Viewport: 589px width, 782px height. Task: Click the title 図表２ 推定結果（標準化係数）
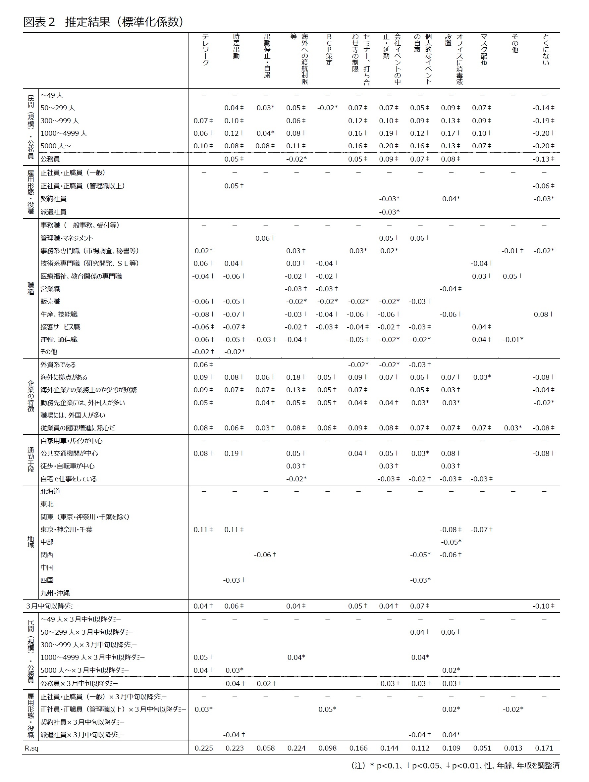click(x=103, y=22)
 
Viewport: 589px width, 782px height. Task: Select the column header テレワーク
click(x=205, y=49)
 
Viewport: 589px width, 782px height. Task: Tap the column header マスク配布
click(x=484, y=49)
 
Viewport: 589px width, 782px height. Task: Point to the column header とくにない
click(x=546, y=49)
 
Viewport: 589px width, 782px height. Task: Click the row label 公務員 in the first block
click(x=50, y=159)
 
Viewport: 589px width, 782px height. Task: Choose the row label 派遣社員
click(x=53, y=212)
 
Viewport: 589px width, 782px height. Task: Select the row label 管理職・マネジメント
click(x=67, y=238)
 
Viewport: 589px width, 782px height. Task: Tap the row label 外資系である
click(x=58, y=365)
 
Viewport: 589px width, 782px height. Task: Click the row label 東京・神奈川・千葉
click(x=67, y=529)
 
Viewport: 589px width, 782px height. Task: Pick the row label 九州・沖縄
click(x=55, y=593)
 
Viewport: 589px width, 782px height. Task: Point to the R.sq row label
click(x=31, y=748)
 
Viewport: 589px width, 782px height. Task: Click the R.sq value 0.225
click(x=204, y=748)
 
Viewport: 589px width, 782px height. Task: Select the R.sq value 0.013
click(x=513, y=748)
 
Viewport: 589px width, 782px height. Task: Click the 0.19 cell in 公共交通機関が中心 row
click(x=233, y=453)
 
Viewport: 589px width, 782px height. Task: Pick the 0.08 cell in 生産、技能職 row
click(x=542, y=314)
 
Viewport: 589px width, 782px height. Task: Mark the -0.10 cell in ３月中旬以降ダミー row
click(x=542, y=606)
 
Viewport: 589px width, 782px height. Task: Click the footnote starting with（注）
click(x=455, y=765)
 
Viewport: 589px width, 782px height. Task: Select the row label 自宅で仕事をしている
click(x=69, y=479)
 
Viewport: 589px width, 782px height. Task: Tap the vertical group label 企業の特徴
click(x=31, y=396)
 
